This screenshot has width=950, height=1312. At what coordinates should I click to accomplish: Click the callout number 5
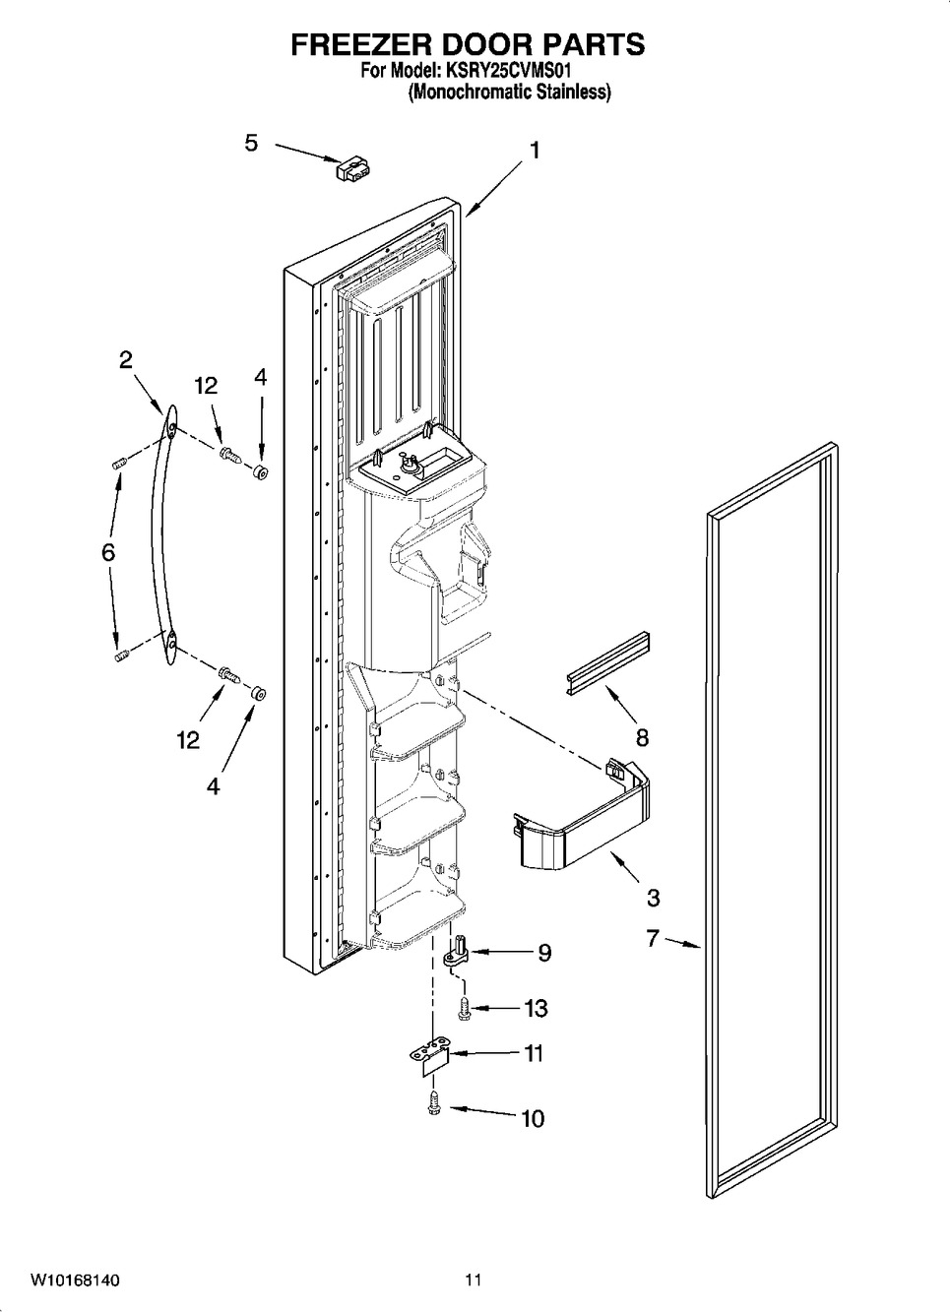[251, 143]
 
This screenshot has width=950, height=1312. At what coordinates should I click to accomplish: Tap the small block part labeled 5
[355, 168]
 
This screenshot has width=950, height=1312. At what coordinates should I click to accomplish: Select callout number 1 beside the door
[534, 151]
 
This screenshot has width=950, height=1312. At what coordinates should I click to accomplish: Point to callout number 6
[108, 553]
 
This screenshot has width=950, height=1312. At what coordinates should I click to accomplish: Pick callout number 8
[642, 737]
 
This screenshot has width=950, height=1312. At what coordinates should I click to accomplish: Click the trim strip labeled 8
[607, 662]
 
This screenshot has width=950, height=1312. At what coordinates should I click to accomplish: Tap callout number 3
[653, 898]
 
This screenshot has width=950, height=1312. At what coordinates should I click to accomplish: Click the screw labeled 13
[465, 1009]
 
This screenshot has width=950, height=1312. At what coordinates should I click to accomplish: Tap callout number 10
[533, 1119]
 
